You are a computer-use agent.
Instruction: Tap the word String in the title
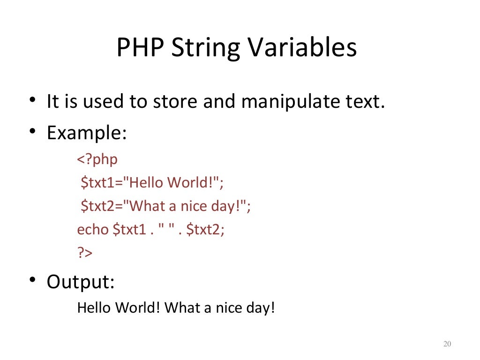coord(204,48)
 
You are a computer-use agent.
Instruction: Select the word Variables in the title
coord(302,48)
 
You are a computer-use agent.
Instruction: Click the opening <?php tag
coord(97,159)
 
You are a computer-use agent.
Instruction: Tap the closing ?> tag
coord(85,253)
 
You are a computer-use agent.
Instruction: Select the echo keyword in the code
coord(93,230)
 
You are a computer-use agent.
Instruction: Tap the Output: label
coord(81,282)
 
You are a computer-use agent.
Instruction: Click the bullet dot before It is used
coord(31,100)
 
